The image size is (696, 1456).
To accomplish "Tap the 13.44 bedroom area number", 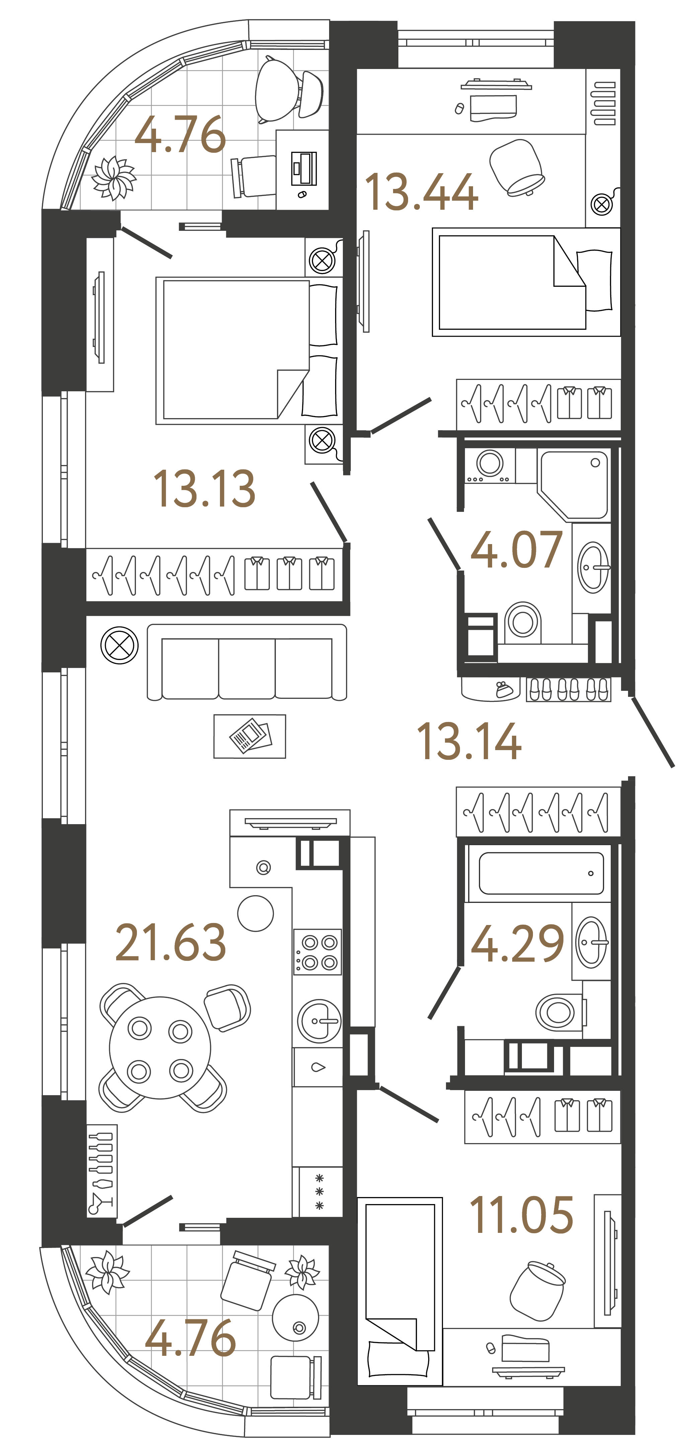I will click(421, 192).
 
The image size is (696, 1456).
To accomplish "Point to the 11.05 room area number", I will click(521, 1215).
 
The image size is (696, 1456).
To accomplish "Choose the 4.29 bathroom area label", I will click(516, 944).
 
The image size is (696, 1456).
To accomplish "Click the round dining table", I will click(160, 1047).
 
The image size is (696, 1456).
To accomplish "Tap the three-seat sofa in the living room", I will click(247, 662).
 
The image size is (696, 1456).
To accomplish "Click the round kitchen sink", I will click(319, 1021).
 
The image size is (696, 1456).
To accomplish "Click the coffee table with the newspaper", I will click(250, 736).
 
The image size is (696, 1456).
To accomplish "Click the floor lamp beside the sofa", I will click(119, 645).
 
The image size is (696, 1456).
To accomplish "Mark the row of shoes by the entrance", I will click(568, 689).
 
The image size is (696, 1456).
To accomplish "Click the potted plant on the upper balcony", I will click(113, 178).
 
